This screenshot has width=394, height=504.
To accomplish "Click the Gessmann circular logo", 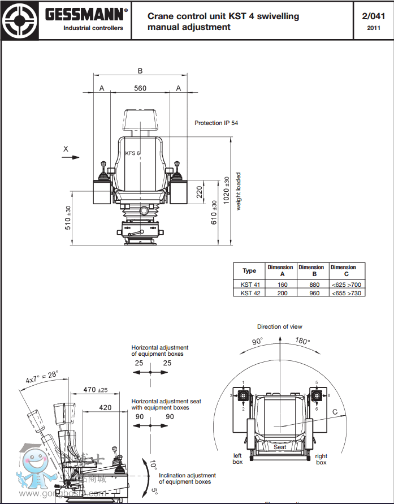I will tap(20, 20).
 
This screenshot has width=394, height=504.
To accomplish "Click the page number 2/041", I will tap(373, 16).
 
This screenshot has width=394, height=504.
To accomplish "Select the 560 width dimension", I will tap(140, 88).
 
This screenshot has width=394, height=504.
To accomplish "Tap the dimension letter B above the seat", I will tap(140, 71).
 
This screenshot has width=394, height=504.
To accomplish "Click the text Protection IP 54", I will tap(217, 123).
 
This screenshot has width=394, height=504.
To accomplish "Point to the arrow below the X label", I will tap(71, 158).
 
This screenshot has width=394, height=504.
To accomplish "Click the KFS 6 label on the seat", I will tap(132, 153).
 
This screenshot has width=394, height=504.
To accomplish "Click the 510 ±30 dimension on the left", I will tap(68, 218).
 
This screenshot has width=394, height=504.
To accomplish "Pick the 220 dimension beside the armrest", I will tap(199, 192).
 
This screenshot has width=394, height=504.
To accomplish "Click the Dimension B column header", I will tap(311, 270).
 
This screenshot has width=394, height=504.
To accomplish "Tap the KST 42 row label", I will tap(250, 292).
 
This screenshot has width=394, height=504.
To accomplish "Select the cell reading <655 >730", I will tap(347, 292).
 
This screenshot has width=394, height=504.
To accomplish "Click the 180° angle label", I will tap(303, 341).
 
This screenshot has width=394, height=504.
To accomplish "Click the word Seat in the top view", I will tap(280, 447).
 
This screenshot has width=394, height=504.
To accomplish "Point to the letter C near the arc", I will tap(335, 412).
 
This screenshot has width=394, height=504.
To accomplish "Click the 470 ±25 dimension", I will tap(96, 390).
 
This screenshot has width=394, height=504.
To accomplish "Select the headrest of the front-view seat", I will tap(140, 120).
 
